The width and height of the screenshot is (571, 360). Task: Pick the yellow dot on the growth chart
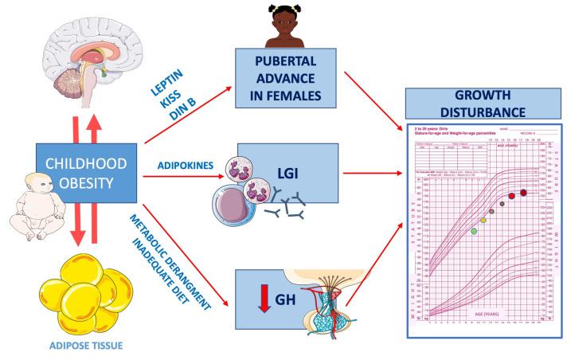pos(482,220)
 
